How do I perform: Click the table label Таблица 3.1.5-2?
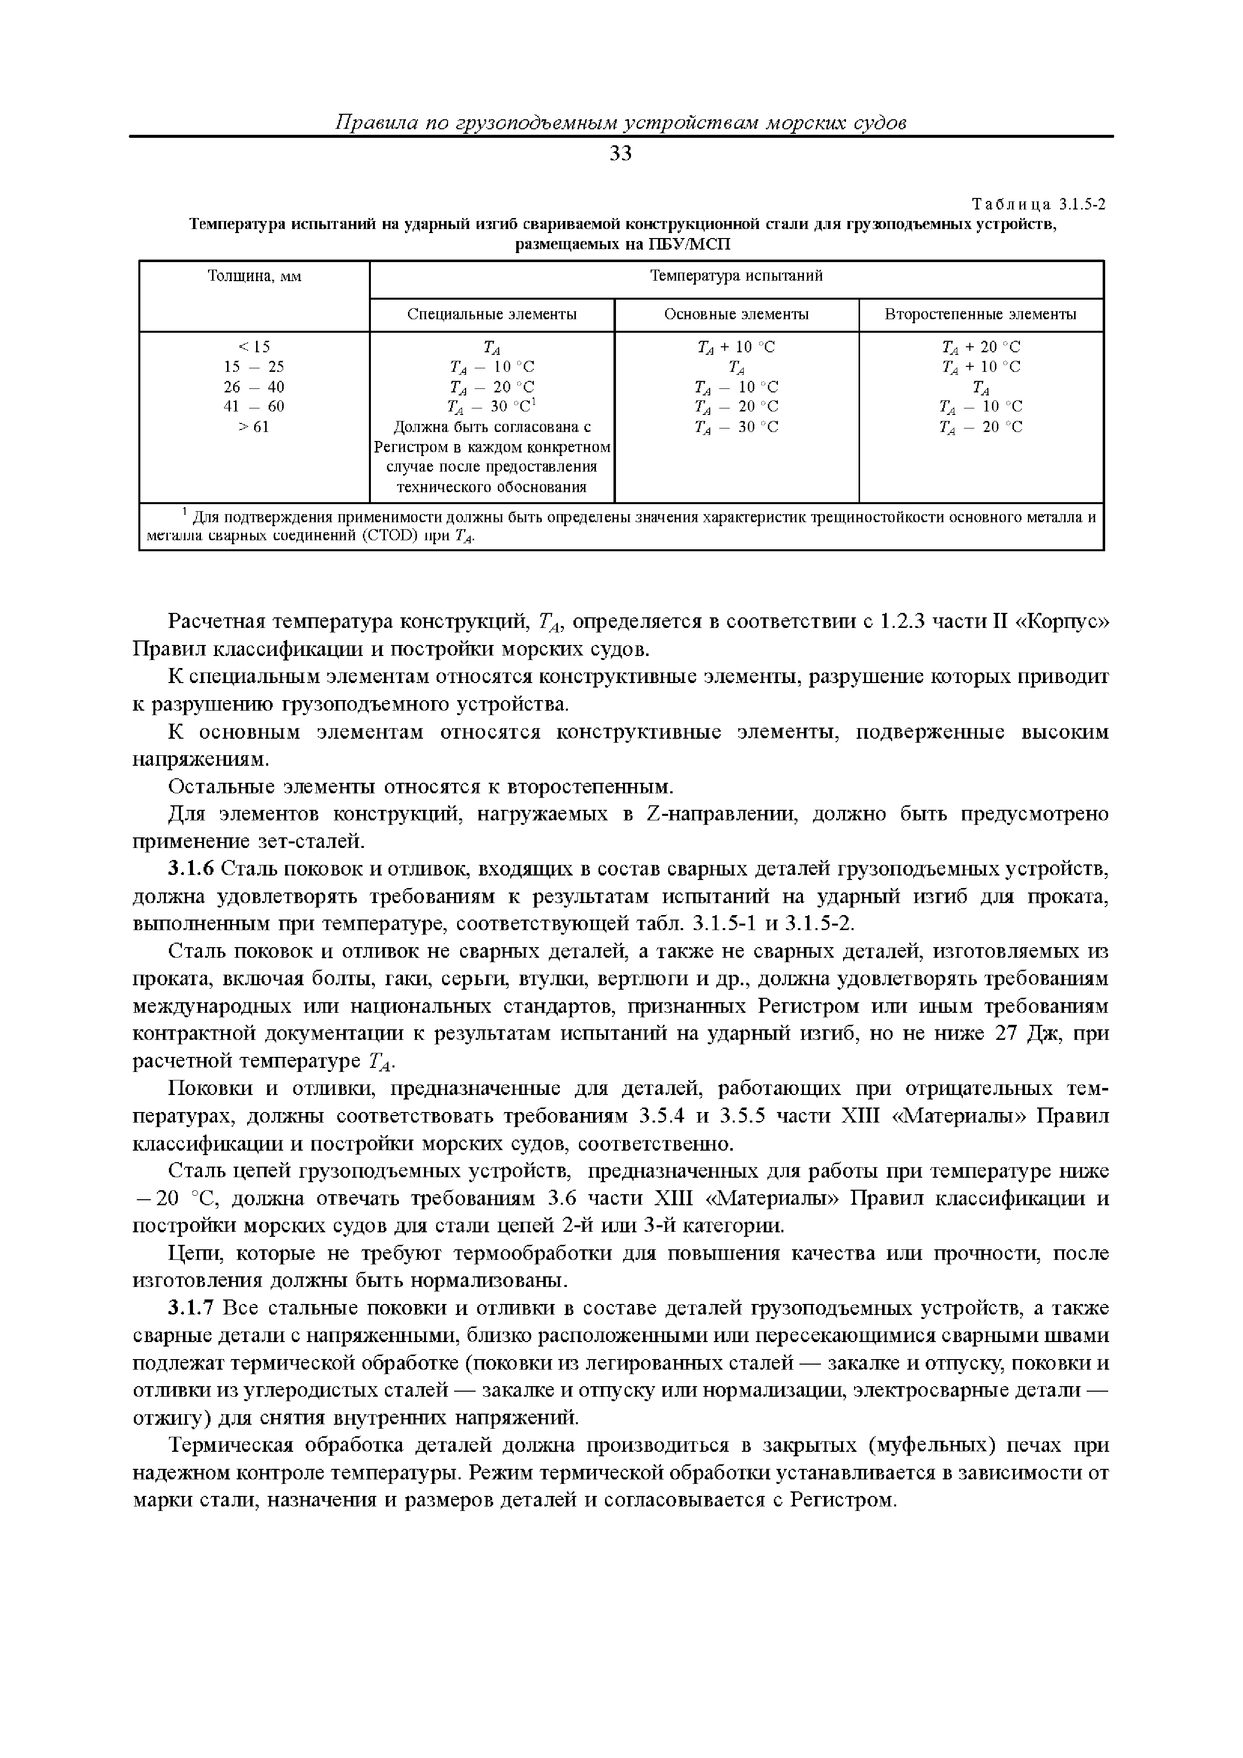point(1038,204)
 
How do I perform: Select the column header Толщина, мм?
point(254,277)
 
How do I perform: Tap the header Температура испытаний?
point(736,277)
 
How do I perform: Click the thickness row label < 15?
point(254,347)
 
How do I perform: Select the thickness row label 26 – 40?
point(254,387)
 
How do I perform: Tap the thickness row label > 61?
point(254,426)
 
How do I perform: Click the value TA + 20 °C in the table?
point(980,347)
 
